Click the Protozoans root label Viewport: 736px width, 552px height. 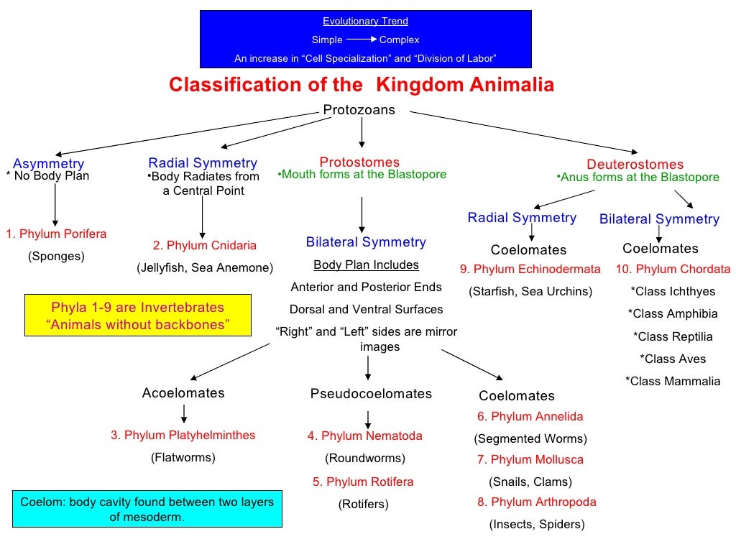tap(359, 110)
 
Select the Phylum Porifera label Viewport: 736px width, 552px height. tap(56, 234)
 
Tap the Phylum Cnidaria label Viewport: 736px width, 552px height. tap(205, 245)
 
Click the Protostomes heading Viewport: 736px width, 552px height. tap(359, 162)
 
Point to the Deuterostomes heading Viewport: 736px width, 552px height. tap(635, 164)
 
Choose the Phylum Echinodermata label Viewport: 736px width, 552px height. tap(530, 270)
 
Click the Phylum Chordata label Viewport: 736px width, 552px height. tap(673, 270)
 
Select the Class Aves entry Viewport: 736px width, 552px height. tap(673, 359)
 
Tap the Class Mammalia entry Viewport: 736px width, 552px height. tap(673, 381)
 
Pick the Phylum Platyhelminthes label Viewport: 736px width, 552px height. tap(183, 435)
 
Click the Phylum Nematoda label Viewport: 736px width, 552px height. tap(365, 436)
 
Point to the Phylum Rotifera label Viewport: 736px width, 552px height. tap(363, 482)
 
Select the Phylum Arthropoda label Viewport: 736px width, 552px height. tap(537, 502)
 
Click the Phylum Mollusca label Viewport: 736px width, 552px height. tap(531, 459)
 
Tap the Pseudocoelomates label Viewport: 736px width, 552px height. tap(371, 393)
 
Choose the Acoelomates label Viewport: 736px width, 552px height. tap(183, 392)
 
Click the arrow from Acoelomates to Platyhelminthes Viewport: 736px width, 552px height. tap(185, 413)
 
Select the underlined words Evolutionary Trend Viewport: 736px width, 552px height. tap(365, 22)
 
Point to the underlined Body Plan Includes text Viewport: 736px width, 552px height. tap(366, 264)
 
